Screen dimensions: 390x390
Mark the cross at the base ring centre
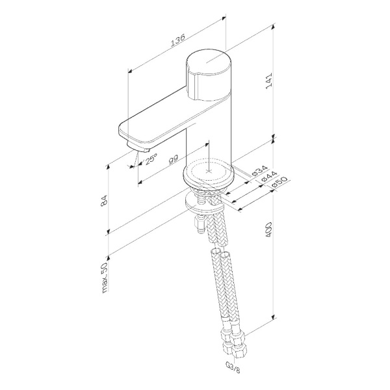(x=208, y=172)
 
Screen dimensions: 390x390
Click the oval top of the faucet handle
(x=208, y=65)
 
